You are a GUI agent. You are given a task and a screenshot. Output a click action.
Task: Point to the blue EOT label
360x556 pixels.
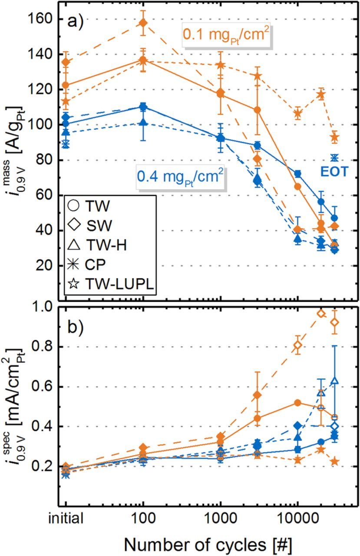tap(334, 172)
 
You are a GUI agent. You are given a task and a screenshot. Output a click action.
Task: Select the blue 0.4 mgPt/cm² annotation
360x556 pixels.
tap(181, 177)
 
